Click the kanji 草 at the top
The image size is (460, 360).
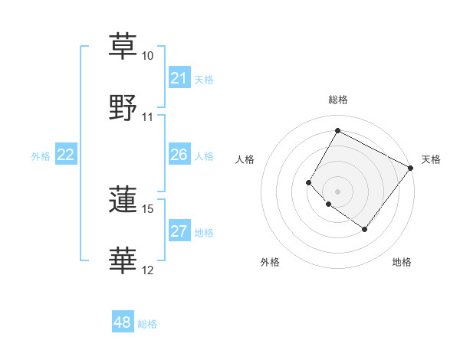pyautogui.click(x=123, y=45)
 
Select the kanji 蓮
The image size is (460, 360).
pyautogui.click(x=123, y=199)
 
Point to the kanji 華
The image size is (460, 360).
pyautogui.click(x=123, y=260)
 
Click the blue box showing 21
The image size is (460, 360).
pyautogui.click(x=179, y=78)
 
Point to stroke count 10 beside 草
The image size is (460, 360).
pyautogui.click(x=148, y=56)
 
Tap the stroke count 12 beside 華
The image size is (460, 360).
pyautogui.click(x=148, y=270)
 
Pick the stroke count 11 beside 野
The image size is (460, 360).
pyautogui.click(x=148, y=117)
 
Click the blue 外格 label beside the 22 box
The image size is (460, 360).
pyautogui.click(x=41, y=156)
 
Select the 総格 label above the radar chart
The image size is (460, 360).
pyautogui.click(x=337, y=100)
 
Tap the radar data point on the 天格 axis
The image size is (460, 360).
pyautogui.click(x=410, y=168)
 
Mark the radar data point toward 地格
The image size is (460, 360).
pyautogui.click(x=364, y=229)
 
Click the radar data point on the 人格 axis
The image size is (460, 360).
pyautogui.click(x=309, y=182)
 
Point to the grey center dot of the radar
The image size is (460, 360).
pyautogui.click(x=337, y=191)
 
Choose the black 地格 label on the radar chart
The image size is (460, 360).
pyautogui.click(x=402, y=262)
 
